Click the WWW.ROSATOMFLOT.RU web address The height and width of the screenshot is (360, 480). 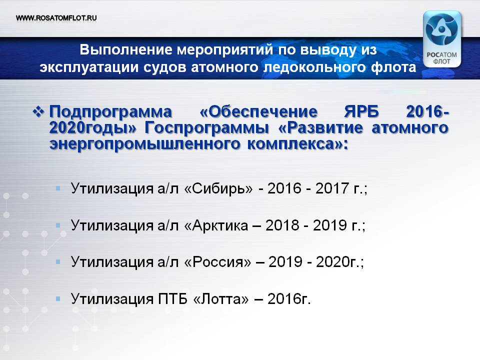[x=56, y=18]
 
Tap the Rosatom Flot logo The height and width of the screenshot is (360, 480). [x=441, y=39]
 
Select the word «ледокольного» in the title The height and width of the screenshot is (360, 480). [x=315, y=67]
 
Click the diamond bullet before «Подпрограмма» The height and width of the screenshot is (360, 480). [x=38, y=111]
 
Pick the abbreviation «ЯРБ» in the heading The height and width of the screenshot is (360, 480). [x=361, y=111]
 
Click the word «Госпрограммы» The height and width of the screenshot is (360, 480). [x=206, y=127]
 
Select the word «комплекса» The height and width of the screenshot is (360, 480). [x=294, y=144]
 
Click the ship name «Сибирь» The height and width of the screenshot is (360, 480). [x=218, y=188]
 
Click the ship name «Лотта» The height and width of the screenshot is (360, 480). [x=221, y=299]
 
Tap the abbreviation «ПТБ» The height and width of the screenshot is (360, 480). [x=172, y=299]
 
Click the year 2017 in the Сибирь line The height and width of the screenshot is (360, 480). [x=332, y=188]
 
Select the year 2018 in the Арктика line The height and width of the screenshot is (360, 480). [x=282, y=225]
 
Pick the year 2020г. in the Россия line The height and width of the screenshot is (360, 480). [x=336, y=262]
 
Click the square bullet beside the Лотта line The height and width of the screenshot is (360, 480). [x=58, y=298]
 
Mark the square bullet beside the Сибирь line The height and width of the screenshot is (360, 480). [x=58, y=188]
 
